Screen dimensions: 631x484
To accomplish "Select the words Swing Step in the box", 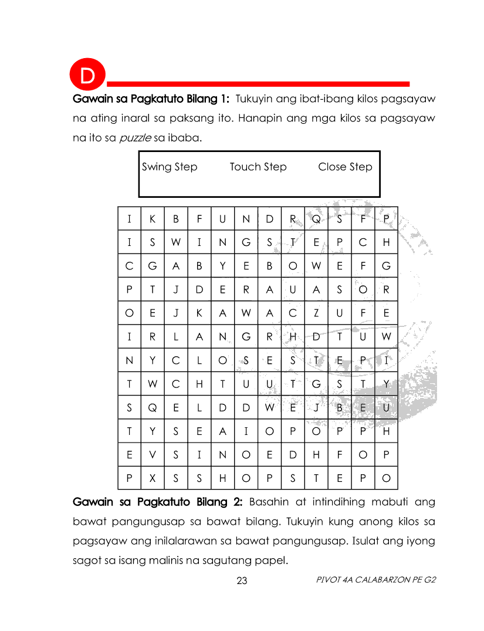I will point(170,167).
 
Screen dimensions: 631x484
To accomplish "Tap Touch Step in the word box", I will point(258,167).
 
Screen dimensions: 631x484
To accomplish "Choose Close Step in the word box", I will point(345,167).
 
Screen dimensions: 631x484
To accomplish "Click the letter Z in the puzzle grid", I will point(316,313).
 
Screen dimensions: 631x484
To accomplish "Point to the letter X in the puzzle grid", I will point(153,478).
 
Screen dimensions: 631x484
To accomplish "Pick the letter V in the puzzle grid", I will point(153,454).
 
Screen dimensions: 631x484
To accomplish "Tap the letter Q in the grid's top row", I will point(316,220).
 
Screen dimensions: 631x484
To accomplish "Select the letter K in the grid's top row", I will point(153,220).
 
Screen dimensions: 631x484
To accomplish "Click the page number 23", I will point(242,581).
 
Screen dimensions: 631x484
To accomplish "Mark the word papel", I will point(273,561).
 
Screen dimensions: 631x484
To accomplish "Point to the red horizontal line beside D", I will point(258,84).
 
